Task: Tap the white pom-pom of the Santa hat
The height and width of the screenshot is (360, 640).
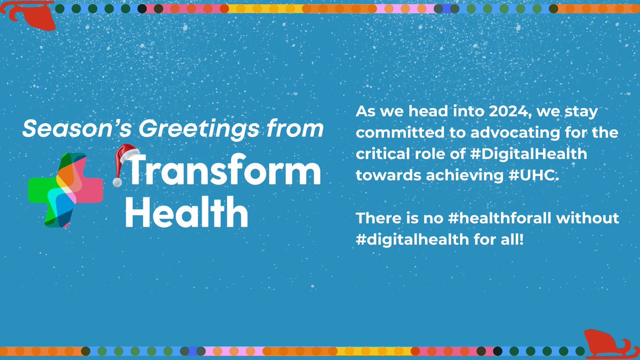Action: [117, 182]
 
